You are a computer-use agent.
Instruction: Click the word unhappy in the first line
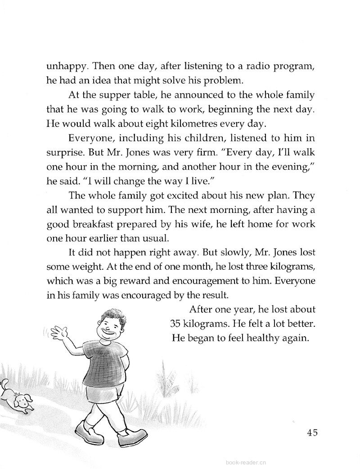coord(66,67)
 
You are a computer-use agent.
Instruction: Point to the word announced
coord(188,95)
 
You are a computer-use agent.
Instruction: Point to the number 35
coord(178,324)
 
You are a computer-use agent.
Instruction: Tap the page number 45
coord(313,433)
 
